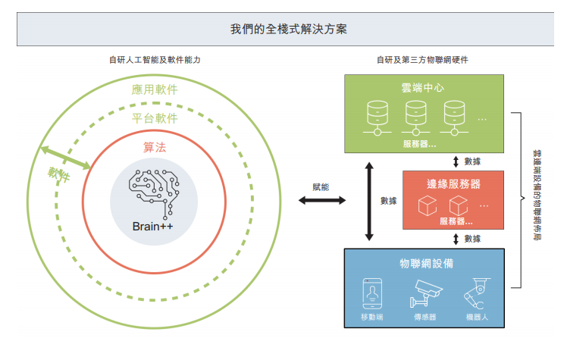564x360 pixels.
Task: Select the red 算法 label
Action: [155, 147]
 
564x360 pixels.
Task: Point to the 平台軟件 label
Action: [155, 118]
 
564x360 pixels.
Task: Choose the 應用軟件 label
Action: [155, 89]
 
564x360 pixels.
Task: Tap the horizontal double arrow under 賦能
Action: [321, 201]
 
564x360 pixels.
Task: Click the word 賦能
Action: [321, 186]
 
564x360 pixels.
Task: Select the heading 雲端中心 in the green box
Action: [422, 88]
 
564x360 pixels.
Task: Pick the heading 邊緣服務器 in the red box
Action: [453, 184]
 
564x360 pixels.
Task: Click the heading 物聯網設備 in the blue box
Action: [426, 263]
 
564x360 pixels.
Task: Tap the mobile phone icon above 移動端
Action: [371, 292]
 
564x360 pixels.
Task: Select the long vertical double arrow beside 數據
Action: [369, 200]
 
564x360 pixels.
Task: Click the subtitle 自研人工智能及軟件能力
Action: [155, 59]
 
